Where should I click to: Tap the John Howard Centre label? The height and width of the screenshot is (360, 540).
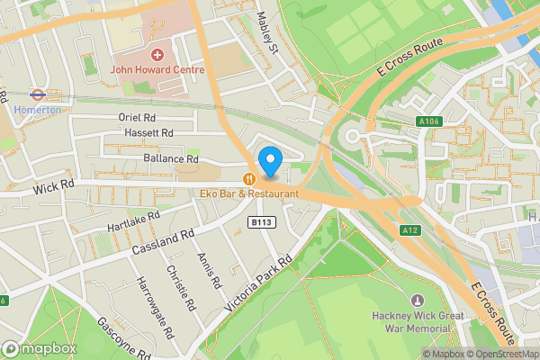pos(157,69)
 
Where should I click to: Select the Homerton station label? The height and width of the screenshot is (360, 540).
pos(37,110)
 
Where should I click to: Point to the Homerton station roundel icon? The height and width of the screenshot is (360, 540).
pos(37,94)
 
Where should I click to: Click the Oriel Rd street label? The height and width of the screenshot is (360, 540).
pos(138,117)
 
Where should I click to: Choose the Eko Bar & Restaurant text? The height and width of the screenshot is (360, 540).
pos(249,193)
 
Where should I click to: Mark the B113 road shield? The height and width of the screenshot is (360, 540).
pos(261,220)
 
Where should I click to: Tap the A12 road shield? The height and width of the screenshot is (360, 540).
pos(409,229)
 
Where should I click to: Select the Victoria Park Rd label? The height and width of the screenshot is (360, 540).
pos(259,288)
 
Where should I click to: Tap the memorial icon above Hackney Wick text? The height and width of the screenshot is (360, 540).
pos(416,300)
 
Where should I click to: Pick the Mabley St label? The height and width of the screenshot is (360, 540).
pos(267,31)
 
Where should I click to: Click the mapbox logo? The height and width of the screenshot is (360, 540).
pos(37,348)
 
